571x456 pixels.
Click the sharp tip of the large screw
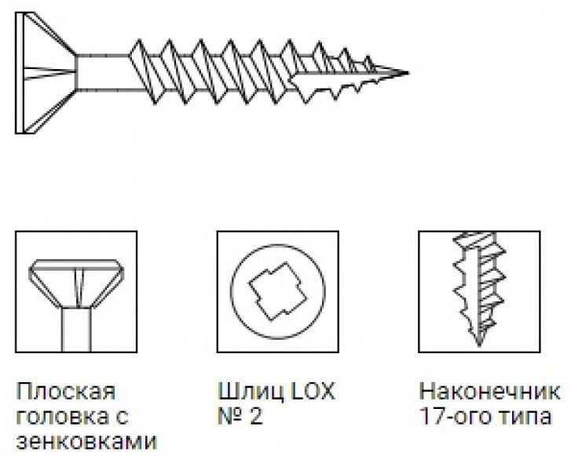click(x=407, y=74)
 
